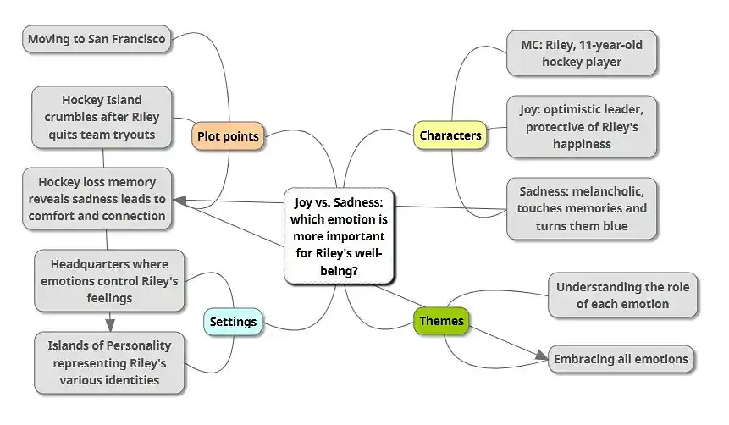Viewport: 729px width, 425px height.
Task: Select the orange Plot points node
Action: pyautogui.click(x=227, y=135)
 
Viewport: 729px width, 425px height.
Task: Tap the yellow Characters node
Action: pyautogui.click(x=450, y=135)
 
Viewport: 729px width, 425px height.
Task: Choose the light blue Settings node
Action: pyautogui.click(x=233, y=322)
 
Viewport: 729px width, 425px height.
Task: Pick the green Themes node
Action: pyautogui.click(x=441, y=321)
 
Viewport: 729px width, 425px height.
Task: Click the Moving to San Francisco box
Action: pyautogui.click(x=97, y=38)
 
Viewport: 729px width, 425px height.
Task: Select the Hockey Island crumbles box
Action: pyautogui.click(x=102, y=117)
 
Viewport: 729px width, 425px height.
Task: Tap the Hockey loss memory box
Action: pyautogui.click(x=97, y=198)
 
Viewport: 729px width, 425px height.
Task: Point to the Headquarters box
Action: pyautogui.click(x=108, y=280)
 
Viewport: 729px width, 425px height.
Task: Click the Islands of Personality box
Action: pyautogui.click(x=109, y=362)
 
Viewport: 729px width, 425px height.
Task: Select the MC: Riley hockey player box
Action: pyautogui.click(x=582, y=52)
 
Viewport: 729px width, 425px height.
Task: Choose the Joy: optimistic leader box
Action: pyautogui.click(x=582, y=126)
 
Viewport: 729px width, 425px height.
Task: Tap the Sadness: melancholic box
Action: pyautogui.click(x=582, y=208)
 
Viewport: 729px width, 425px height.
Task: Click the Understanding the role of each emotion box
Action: pyautogui.click(x=622, y=295)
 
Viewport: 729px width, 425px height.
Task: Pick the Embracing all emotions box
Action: pyautogui.click(x=621, y=359)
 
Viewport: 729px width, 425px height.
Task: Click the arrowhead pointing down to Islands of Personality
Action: pyautogui.click(x=109, y=325)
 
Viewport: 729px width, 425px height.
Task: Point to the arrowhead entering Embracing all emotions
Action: pyautogui.click(x=541, y=356)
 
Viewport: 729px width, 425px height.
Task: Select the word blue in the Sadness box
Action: pyautogui.click(x=616, y=226)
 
